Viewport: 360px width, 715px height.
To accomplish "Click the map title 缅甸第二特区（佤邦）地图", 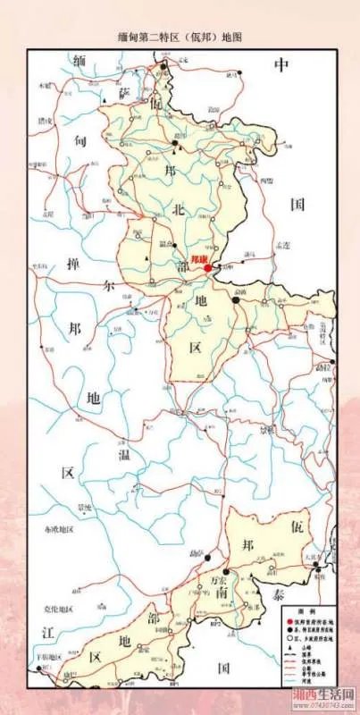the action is tap(180, 38).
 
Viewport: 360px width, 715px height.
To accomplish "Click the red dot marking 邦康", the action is tap(207, 267).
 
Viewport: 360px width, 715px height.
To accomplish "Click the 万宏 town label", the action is tap(219, 579).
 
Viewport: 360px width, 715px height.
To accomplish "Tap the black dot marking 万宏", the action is tap(228, 569).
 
